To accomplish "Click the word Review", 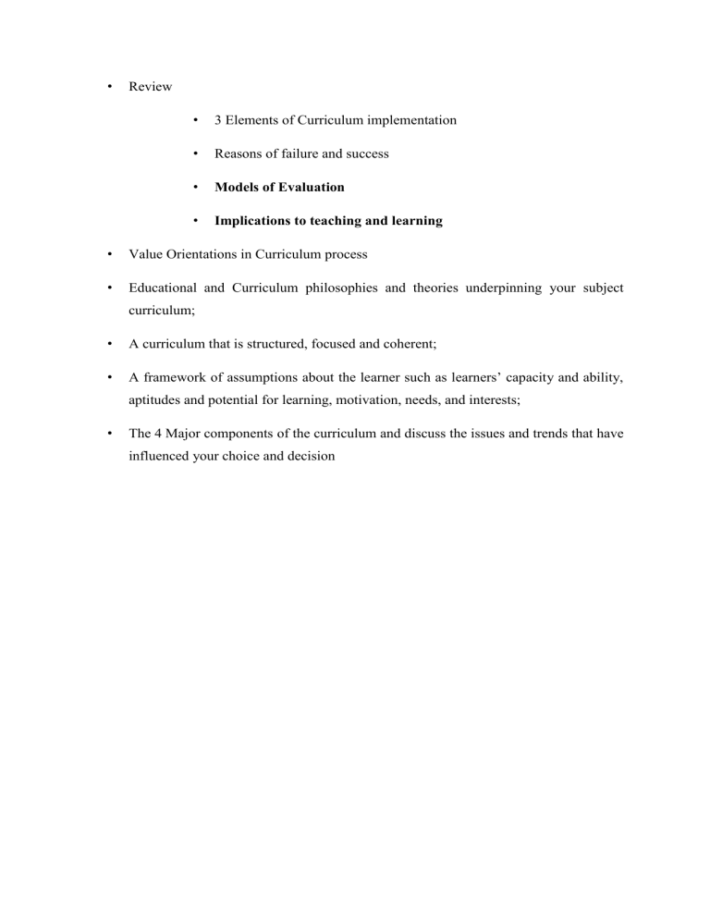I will coord(150,87).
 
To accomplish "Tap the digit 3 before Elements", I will coord(218,120).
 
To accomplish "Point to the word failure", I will coord(301,153).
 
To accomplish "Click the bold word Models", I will coord(237,187).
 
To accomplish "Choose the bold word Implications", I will coord(255,221).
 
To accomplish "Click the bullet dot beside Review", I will coord(110,88).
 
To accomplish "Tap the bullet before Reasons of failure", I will coord(196,154).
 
